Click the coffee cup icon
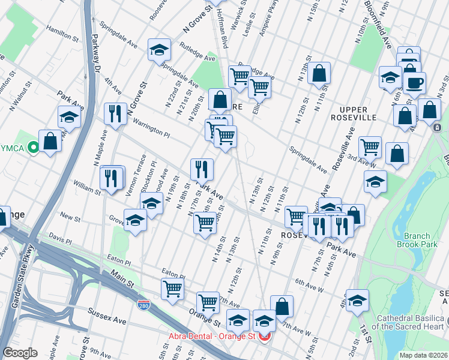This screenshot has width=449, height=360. click(414, 83)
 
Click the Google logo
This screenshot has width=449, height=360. click(20, 353)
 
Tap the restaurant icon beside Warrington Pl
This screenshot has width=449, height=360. click(114, 113)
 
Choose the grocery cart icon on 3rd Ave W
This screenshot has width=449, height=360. click(370, 146)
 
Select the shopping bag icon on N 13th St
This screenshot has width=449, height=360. click(321, 73)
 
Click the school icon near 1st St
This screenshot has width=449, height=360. click(357, 300)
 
